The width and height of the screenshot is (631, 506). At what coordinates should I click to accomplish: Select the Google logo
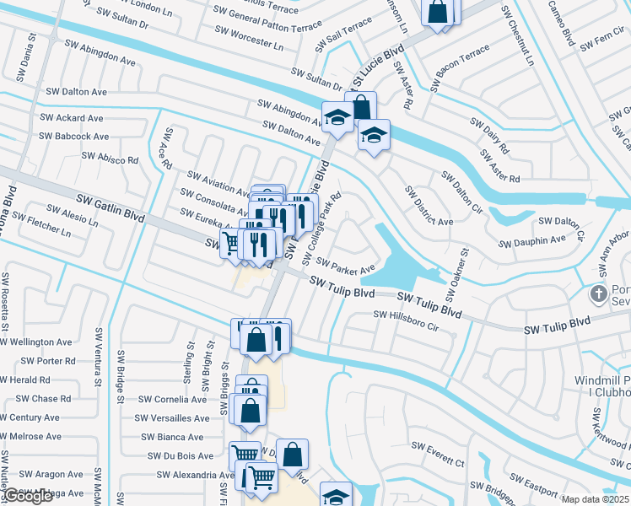pos(28,497)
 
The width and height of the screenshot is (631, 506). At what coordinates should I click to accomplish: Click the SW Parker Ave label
pos(345,270)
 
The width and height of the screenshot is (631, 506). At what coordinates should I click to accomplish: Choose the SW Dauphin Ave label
pos(532,241)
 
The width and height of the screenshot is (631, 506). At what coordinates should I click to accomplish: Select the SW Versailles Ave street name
pos(173,418)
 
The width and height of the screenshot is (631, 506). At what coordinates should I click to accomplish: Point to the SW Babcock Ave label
pos(73,137)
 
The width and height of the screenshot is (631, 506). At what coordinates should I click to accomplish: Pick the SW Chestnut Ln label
pos(517,37)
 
